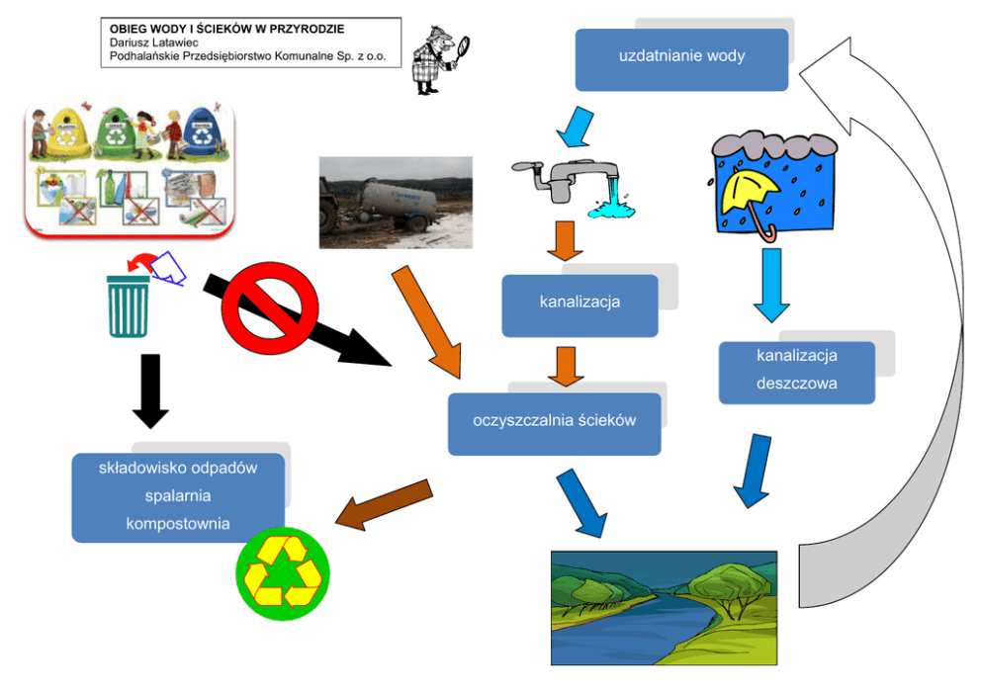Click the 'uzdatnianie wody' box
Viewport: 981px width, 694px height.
pyautogui.click(x=681, y=59)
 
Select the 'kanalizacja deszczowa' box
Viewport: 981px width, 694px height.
pyautogui.click(x=796, y=372)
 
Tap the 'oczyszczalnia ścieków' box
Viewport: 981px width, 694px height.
pyautogui.click(x=555, y=424)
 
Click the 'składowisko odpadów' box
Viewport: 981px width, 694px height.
pyautogui.click(x=178, y=497)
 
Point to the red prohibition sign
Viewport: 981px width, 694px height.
pyautogui.click(x=270, y=308)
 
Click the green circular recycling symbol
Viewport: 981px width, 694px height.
pyautogui.click(x=283, y=574)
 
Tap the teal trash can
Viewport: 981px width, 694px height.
pyautogui.click(x=129, y=306)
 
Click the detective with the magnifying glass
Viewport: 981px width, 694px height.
pyautogui.click(x=439, y=60)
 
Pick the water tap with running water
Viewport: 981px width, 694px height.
pyautogui.click(x=574, y=188)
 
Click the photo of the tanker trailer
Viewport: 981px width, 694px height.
pyautogui.click(x=396, y=203)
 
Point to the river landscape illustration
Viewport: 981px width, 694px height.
pyautogui.click(x=664, y=608)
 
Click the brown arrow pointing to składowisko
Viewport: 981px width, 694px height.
pyautogui.click(x=384, y=504)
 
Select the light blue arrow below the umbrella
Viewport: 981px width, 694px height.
pyautogui.click(x=771, y=285)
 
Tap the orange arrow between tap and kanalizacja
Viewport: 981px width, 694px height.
pyautogui.click(x=565, y=240)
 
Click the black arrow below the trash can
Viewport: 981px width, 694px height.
pyautogui.click(x=150, y=391)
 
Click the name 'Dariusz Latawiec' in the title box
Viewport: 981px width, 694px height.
pyautogui.click(x=154, y=43)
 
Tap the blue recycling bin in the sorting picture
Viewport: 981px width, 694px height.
pyautogui.click(x=202, y=132)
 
